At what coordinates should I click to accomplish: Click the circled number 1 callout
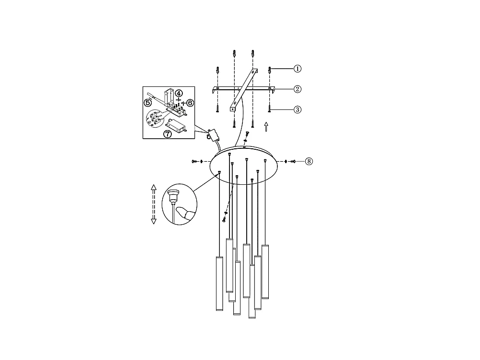coord(298,69)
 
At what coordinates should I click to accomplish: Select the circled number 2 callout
coord(298,89)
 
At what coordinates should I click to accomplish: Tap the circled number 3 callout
coord(298,109)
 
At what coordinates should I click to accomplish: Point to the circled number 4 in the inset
coord(178,93)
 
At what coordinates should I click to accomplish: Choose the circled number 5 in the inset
coord(148,102)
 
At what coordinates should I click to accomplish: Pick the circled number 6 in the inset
coord(190,102)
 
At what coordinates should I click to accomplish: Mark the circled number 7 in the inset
coord(168,134)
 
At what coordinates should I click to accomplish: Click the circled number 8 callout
coord(309,161)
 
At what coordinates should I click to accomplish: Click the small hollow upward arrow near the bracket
coord(266,127)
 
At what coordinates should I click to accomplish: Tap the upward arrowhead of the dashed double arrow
coord(154,187)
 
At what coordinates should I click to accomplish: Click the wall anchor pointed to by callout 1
coord(270,70)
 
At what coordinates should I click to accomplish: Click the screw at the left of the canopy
coord(194,161)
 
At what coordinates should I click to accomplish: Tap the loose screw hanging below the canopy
coord(224,219)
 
